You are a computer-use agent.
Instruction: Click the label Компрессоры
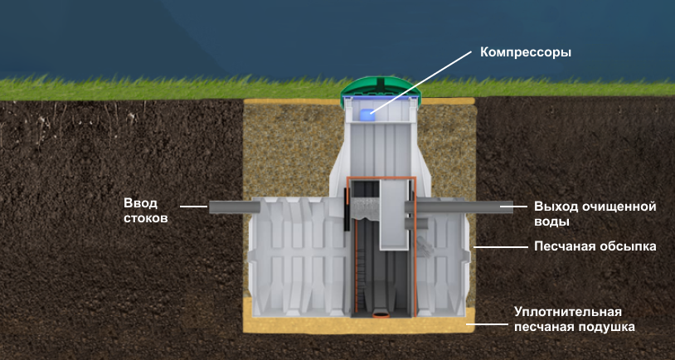(x=527, y=51)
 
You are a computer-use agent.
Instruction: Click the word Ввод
(x=140, y=204)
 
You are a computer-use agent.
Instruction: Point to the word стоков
(x=146, y=219)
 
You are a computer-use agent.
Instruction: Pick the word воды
(x=551, y=221)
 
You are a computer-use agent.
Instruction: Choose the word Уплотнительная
(x=567, y=312)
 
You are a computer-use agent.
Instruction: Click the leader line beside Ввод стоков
(x=193, y=207)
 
